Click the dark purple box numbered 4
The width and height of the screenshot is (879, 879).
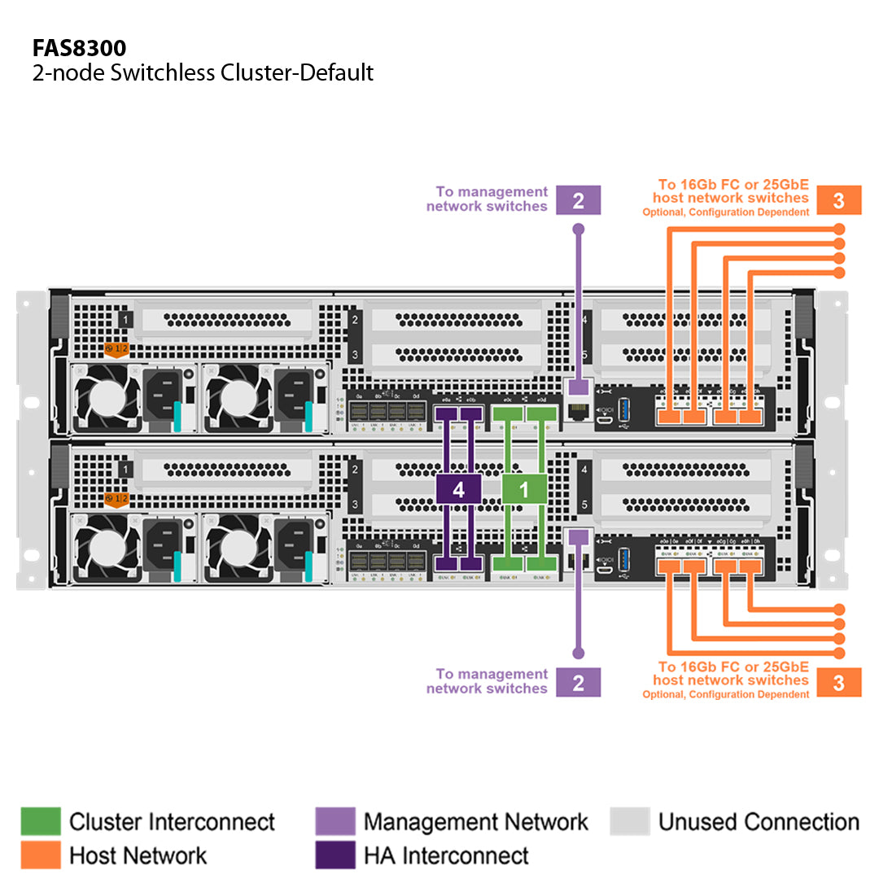[x=458, y=489]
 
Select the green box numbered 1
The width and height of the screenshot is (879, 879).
[x=524, y=489]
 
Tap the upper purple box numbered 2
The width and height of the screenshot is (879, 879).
[x=578, y=200]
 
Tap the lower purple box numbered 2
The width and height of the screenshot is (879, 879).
[x=578, y=682]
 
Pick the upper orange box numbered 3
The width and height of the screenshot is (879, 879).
[x=838, y=200]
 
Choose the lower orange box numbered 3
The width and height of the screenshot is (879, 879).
[x=838, y=682]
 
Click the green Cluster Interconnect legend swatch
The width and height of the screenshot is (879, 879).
[x=41, y=821]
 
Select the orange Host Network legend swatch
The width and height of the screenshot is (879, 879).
[x=41, y=855]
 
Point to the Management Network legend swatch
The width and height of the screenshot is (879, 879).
[x=335, y=821]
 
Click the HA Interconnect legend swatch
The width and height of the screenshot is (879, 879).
[x=335, y=855]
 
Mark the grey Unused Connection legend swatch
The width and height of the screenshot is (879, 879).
[x=630, y=821]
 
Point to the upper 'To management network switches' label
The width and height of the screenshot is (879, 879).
[x=488, y=199]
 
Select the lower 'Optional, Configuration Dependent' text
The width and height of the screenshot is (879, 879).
[x=726, y=694]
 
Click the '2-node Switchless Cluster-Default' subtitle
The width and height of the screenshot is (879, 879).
[x=203, y=72]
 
